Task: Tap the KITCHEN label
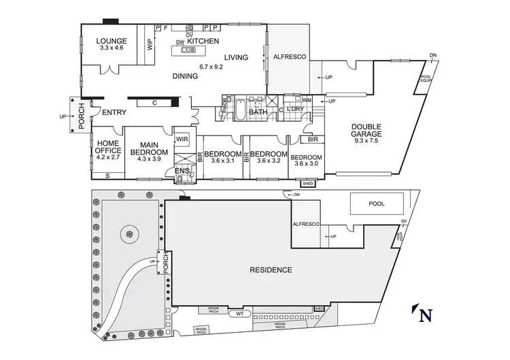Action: tap(203, 41)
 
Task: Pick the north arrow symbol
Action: tap(423, 314)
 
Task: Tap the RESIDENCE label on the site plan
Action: tap(271, 270)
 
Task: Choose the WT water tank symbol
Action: tap(238, 314)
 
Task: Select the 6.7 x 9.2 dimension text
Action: tap(211, 67)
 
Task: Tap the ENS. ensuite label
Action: tap(181, 170)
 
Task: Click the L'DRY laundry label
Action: tap(294, 109)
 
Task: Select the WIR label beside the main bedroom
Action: tap(182, 139)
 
